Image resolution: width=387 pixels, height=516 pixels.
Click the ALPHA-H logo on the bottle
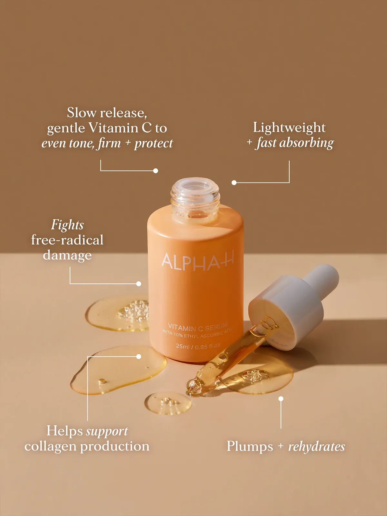(197, 261)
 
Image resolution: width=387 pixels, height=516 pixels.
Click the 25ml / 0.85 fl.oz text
(198, 346)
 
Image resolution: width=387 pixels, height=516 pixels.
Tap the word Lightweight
(289, 127)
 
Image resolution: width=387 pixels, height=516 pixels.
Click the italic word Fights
(67, 225)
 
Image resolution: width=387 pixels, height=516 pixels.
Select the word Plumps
(250, 446)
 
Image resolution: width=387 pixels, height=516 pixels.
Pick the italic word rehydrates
(316, 447)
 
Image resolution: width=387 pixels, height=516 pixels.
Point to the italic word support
(107, 431)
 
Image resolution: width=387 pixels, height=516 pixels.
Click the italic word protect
(154, 143)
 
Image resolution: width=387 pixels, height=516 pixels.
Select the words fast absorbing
(295, 143)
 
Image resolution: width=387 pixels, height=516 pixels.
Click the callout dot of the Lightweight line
(234, 183)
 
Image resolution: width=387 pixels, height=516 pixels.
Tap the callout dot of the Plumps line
(281, 399)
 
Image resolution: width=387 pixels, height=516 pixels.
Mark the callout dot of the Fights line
(139, 284)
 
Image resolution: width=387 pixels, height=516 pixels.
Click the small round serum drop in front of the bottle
(168, 403)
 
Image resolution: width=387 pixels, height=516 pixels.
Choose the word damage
(67, 255)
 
